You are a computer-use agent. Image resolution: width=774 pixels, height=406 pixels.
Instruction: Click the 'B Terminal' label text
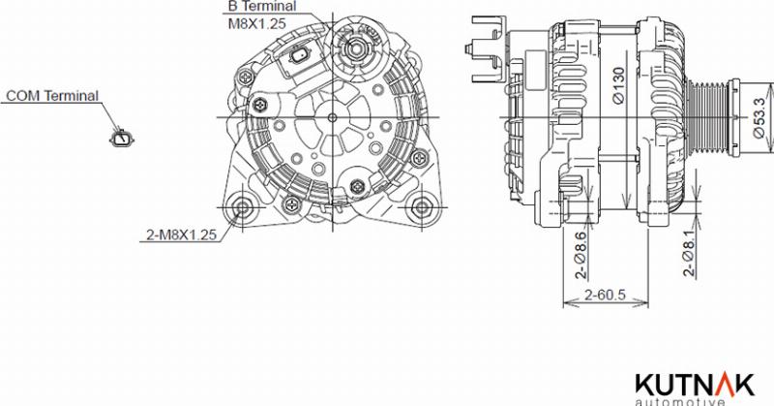pos(261,6)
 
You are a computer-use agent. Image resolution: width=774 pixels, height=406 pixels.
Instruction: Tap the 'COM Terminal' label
pos(52,96)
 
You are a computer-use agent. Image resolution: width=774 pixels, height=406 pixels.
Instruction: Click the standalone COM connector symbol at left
pos(123,140)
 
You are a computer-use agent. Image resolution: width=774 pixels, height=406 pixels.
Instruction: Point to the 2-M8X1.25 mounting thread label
pos(181,234)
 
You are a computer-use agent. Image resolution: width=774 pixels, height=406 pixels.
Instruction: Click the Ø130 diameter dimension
pos(616,85)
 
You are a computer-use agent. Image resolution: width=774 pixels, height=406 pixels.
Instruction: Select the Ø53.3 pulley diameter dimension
pos(759,117)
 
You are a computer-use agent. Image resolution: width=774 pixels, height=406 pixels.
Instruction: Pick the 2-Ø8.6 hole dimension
pos(580,256)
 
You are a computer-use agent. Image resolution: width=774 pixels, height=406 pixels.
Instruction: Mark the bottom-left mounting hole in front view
pos(242,206)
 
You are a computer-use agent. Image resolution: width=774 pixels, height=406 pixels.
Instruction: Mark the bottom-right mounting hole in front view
pos(422,206)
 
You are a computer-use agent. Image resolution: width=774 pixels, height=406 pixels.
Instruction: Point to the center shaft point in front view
pos(333,117)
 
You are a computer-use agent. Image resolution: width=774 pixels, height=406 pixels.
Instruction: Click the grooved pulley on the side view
pos(710,117)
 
